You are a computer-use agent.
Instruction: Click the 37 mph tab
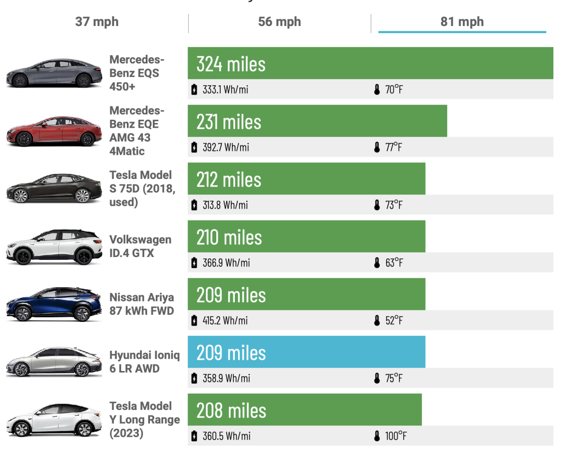[97, 22]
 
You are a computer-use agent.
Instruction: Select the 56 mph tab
[279, 22]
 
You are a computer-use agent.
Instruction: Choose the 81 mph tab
[462, 22]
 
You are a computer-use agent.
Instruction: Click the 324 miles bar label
[231, 64]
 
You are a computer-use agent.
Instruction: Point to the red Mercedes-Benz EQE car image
[54, 131]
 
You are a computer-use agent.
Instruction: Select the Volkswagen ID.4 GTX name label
[140, 246]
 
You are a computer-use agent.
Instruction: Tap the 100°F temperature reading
[395, 436]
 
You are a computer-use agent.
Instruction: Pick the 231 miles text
[229, 122]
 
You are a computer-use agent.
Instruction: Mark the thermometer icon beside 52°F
[377, 320]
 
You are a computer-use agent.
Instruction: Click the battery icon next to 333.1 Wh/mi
[194, 89]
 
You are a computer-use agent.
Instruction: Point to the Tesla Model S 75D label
[142, 188]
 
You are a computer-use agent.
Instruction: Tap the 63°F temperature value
[394, 263]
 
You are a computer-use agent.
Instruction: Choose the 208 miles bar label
[231, 410]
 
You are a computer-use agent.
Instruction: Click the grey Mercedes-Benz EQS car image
[54, 73]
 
